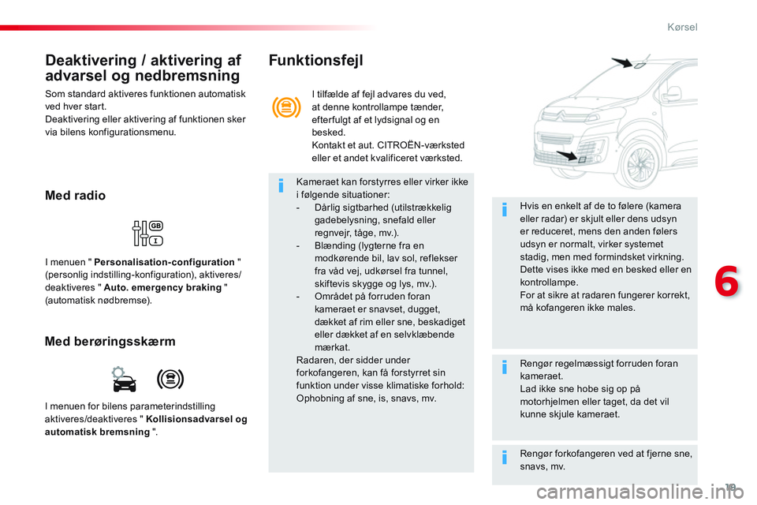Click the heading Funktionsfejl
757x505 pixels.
pyautogui.click(x=315, y=60)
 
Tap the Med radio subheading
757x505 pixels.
pyautogui.click(x=76, y=196)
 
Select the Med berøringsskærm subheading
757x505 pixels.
pyautogui.click(x=110, y=342)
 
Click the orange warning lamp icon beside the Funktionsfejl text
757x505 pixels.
pyautogui.click(x=285, y=108)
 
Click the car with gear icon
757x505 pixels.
pyautogui.click(x=124, y=380)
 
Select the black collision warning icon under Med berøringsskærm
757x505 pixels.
pyautogui.click(x=170, y=380)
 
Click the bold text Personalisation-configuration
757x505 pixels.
pyautogui.click(x=164, y=262)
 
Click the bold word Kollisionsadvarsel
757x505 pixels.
pyautogui.click(x=196, y=419)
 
